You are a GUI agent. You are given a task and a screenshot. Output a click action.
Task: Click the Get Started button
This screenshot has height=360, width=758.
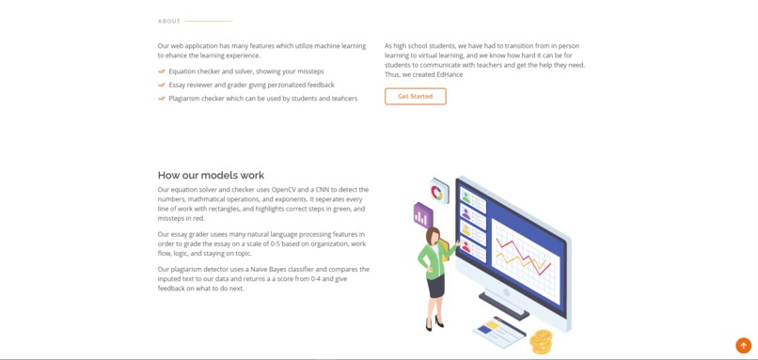click(x=415, y=96)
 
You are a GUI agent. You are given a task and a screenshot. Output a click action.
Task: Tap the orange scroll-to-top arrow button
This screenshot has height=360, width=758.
click(x=743, y=345)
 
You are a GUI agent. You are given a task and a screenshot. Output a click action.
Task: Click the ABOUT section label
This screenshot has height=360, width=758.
click(x=169, y=21)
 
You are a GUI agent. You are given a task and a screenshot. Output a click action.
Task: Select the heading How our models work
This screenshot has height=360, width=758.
click(x=211, y=175)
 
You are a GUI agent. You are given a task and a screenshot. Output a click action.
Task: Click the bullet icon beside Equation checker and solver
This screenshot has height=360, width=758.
click(x=162, y=71)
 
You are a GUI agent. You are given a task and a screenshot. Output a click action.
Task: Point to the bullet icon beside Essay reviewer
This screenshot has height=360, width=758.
click(x=162, y=85)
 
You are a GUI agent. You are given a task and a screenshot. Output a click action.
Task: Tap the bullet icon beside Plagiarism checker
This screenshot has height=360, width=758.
click(x=162, y=98)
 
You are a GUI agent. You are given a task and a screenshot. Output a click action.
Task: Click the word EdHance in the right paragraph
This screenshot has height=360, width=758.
click(x=449, y=74)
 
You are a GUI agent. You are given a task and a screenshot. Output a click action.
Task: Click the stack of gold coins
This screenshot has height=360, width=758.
click(x=541, y=340)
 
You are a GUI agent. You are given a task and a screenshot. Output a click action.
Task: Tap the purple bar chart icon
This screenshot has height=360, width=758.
click(x=422, y=216)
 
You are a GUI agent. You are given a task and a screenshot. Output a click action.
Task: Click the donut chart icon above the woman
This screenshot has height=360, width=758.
click(x=438, y=192)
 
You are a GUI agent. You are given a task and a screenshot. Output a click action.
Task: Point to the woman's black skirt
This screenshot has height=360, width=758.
click(x=435, y=283)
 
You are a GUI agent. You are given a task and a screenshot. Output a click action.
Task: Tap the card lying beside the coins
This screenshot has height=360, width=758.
click(x=498, y=331)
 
